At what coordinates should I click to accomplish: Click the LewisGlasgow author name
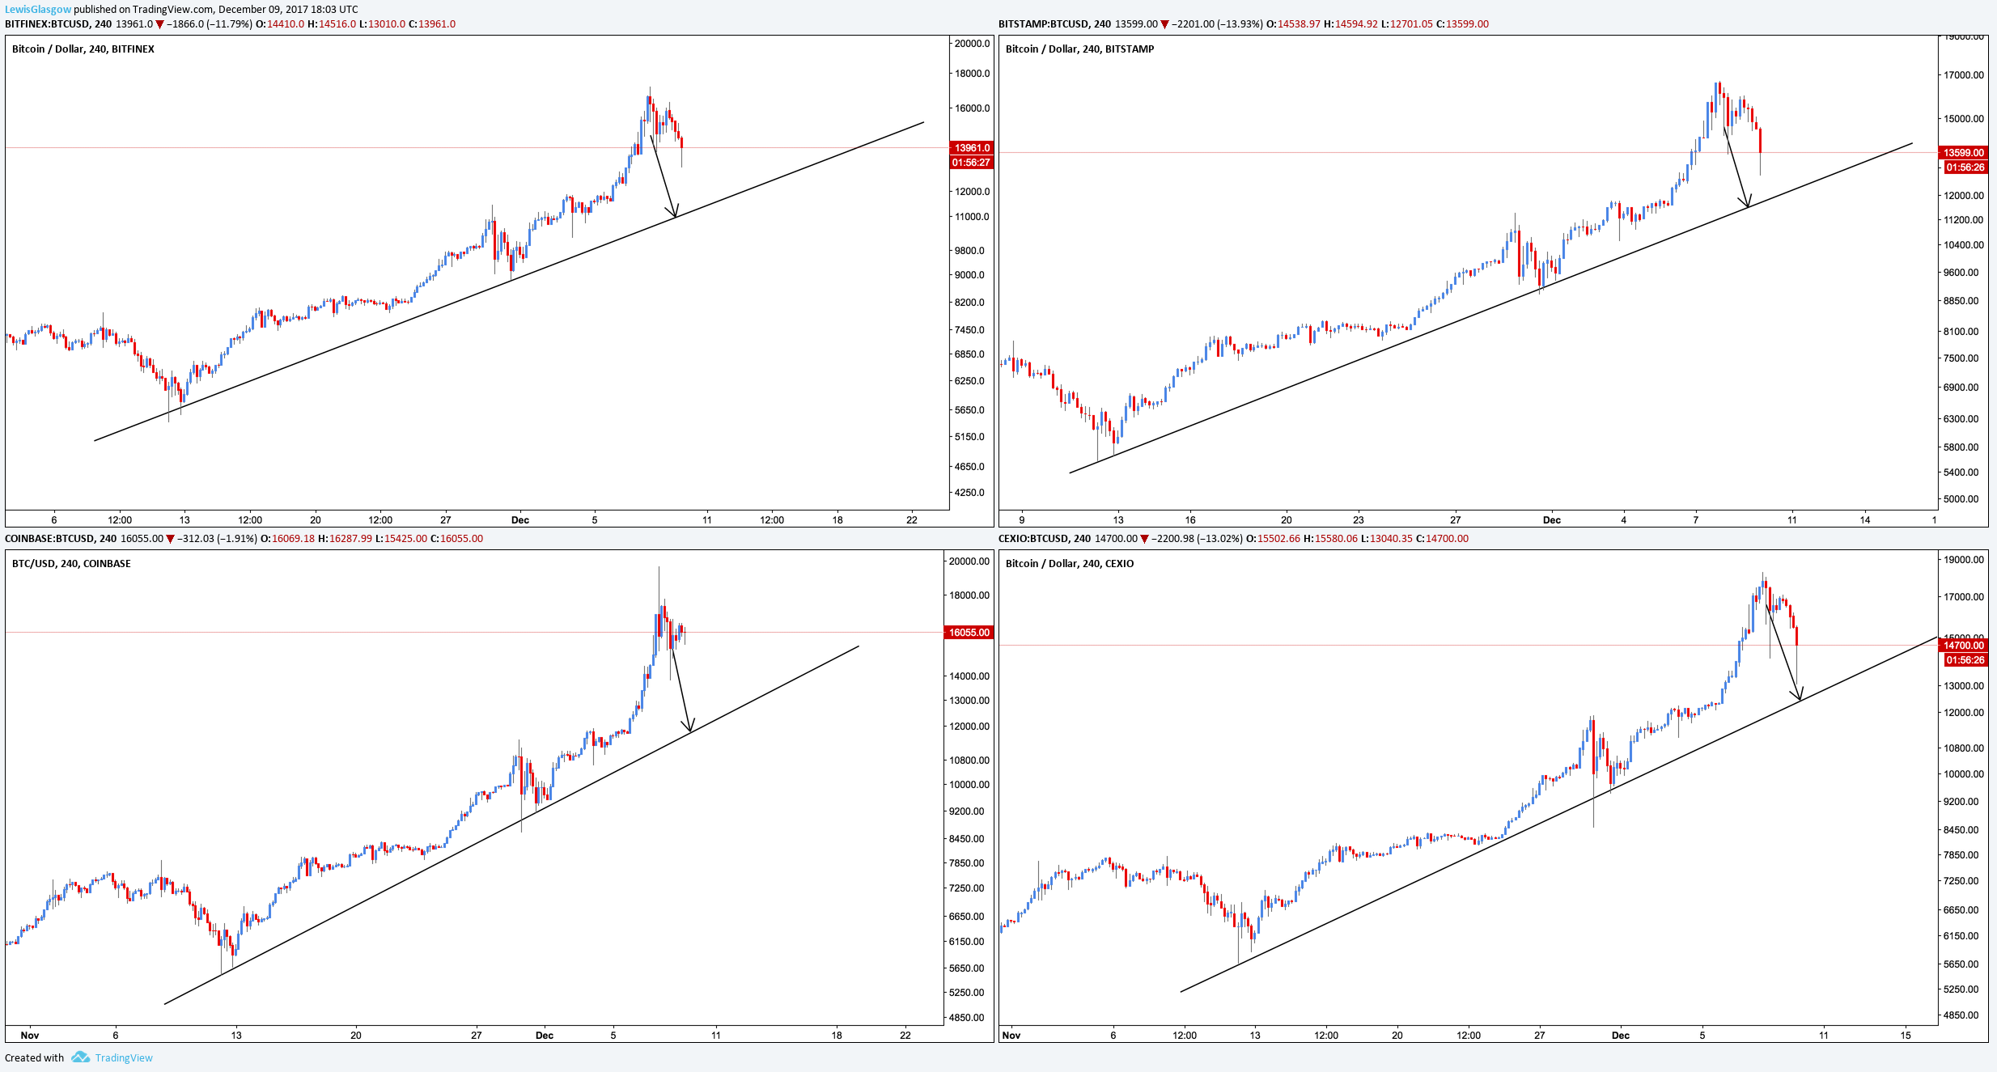[38, 10]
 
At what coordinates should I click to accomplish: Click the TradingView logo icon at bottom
[80, 1057]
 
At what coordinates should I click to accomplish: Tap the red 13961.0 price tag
[971, 147]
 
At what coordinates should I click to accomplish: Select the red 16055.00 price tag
[969, 633]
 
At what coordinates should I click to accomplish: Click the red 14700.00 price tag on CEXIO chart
[1964, 645]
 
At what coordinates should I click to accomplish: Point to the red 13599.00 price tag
[1964, 152]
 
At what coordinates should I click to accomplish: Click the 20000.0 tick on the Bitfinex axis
[972, 44]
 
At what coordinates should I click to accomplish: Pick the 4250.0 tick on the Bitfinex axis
[969, 493]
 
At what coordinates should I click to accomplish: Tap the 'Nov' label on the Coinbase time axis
[30, 1035]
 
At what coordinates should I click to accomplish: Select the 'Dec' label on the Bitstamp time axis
[1552, 519]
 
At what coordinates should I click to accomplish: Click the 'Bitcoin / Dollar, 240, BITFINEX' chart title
[83, 49]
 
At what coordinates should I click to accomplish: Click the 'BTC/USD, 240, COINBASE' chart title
[71, 564]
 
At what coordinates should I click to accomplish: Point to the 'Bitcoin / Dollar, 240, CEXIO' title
[1070, 564]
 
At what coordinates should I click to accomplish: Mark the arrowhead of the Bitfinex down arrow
[676, 218]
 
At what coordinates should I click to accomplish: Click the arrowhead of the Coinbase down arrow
[690, 732]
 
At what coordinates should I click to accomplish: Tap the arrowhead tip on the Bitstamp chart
[1748, 208]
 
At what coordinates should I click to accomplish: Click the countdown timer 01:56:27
[971, 163]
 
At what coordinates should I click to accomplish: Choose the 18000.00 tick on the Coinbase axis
[969, 595]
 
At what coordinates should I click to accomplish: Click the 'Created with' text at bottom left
[34, 1057]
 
